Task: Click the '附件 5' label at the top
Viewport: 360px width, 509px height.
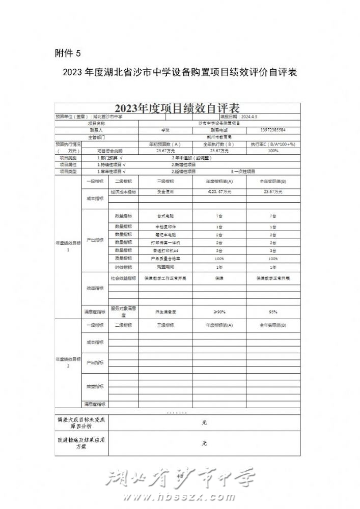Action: pyautogui.click(x=67, y=52)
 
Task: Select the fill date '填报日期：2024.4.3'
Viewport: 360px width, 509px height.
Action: pyautogui.click(x=239, y=117)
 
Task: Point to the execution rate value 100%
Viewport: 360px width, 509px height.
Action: pyautogui.click(x=273, y=151)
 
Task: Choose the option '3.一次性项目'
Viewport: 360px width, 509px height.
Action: pyautogui.click(x=243, y=172)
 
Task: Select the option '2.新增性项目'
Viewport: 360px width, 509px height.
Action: pyautogui.click(x=184, y=165)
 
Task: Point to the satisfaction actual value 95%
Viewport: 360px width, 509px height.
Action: pyautogui.click(x=273, y=312)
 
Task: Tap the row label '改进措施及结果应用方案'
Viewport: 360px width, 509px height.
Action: pyautogui.click(x=81, y=443)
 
